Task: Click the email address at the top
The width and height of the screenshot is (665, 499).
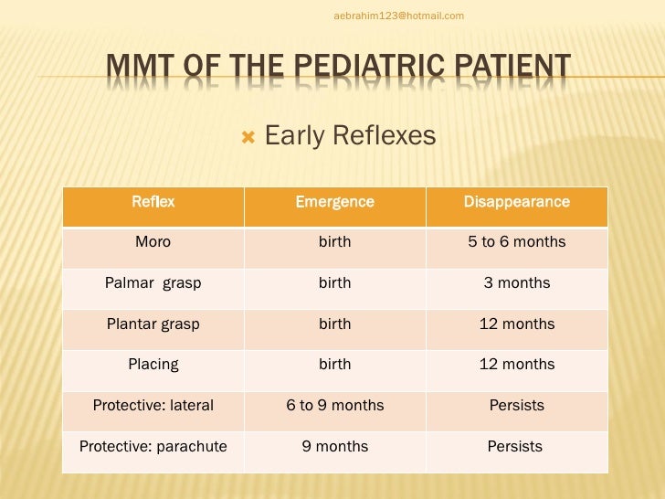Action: [x=398, y=16]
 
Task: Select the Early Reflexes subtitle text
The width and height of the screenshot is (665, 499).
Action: [x=350, y=136]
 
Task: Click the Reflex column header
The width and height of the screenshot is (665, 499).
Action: [x=153, y=202]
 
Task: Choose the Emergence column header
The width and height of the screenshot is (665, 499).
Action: [x=334, y=202]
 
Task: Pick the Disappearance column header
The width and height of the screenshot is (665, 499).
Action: [x=516, y=202]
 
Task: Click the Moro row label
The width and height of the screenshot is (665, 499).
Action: [x=153, y=242]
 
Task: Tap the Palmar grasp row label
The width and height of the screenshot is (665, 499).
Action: [x=153, y=283]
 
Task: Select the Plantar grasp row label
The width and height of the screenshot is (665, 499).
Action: [x=153, y=324]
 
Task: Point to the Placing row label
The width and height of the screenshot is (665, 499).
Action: [x=153, y=364]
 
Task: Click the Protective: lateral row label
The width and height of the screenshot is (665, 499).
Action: [x=153, y=405]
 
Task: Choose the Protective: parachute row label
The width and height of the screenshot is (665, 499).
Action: [x=153, y=447]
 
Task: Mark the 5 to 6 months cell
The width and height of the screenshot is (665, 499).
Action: [x=516, y=242]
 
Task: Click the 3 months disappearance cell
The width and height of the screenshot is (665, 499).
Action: [x=516, y=283]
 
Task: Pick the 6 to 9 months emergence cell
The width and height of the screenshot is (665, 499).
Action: [x=334, y=405]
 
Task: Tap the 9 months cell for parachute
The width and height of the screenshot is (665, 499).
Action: [x=334, y=447]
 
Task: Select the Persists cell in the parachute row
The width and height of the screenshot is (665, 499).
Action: [x=515, y=447]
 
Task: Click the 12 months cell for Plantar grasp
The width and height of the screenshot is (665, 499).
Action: [x=516, y=324]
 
